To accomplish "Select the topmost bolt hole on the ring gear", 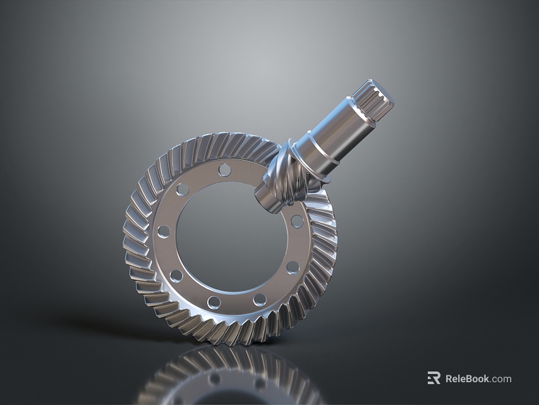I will tap(224, 170).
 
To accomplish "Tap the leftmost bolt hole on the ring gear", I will tap(163, 232).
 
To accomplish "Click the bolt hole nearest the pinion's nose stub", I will tap(296, 221).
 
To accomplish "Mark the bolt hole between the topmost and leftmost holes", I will tap(183, 189).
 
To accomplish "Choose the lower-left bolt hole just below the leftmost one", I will tap(176, 276).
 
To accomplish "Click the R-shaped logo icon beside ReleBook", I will tap(433, 378).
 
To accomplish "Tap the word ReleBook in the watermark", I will tap(467, 378).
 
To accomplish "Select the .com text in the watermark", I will tap(500, 378).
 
